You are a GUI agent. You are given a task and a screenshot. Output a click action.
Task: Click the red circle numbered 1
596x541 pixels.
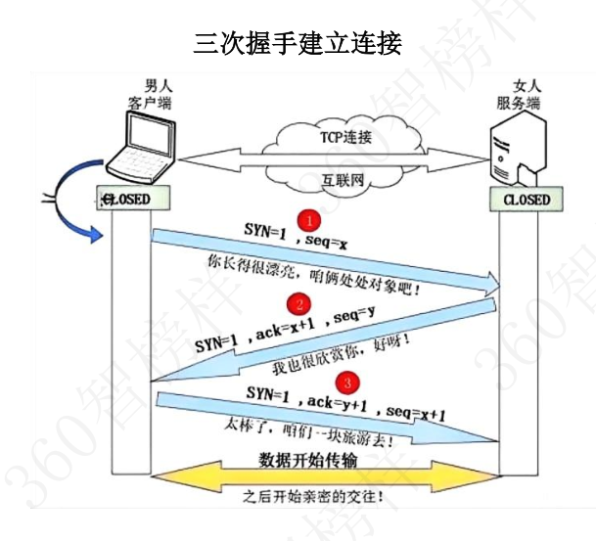click(x=307, y=217)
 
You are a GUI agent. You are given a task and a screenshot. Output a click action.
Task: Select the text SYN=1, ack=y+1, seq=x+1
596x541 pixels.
click(x=346, y=403)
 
